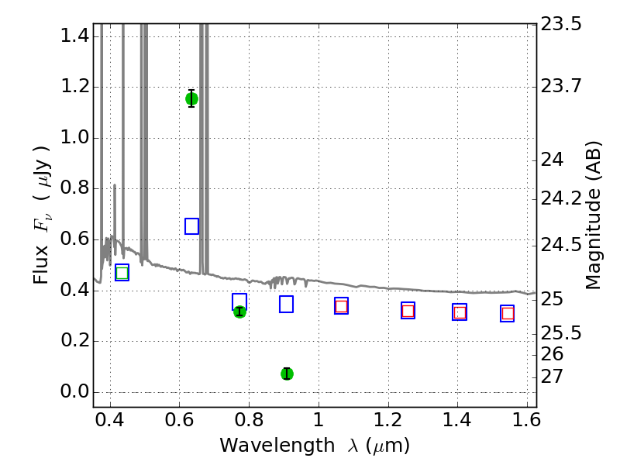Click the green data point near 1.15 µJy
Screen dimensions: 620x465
pyautogui.click(x=191, y=99)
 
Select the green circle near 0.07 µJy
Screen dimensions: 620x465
pyautogui.click(x=287, y=374)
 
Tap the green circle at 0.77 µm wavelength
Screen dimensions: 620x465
pyautogui.click(x=239, y=312)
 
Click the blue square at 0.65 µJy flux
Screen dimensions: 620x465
pyautogui.click(x=191, y=226)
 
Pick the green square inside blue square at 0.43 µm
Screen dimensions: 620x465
pyautogui.click(x=122, y=273)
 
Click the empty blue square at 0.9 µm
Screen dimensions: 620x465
pyautogui.click(x=286, y=304)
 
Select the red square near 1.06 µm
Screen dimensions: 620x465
pyautogui.click(x=341, y=306)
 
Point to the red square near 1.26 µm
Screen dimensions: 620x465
pyautogui.click(x=408, y=311)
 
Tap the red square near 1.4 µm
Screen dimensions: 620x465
pyautogui.click(x=460, y=312)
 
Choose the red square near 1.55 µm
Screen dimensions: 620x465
pyautogui.click(x=508, y=314)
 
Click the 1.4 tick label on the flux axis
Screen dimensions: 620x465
pyautogui.click(x=74, y=36)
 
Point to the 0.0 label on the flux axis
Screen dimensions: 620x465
pyautogui.click(x=74, y=392)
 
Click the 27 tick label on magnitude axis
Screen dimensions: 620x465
pyautogui.click(x=552, y=377)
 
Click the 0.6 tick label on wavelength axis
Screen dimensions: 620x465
pyautogui.click(x=180, y=420)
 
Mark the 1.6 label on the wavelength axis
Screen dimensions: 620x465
pyautogui.click(x=526, y=420)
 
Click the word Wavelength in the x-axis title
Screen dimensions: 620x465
pyautogui.click(x=277, y=446)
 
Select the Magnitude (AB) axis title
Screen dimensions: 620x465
pyautogui.click(x=593, y=215)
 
